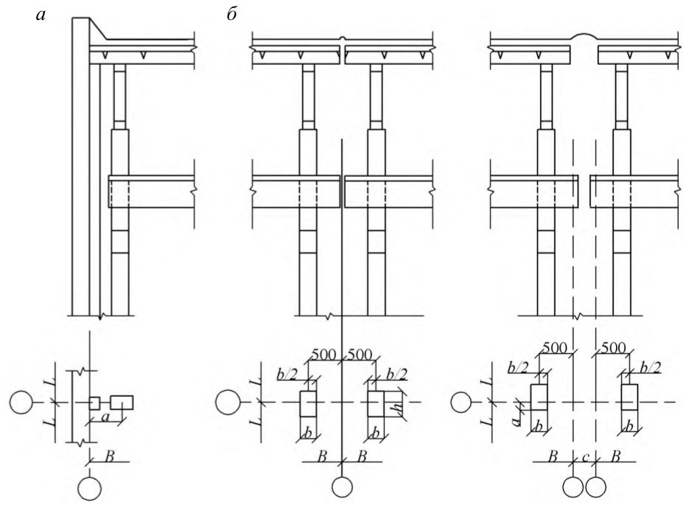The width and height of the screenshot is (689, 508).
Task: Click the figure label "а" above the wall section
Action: click(41, 16)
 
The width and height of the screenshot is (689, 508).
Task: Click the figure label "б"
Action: click(231, 15)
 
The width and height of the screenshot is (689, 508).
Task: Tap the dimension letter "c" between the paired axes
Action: click(585, 457)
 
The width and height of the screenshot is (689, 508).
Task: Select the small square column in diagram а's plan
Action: click(95, 403)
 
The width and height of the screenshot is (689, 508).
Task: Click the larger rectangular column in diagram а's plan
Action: click(122, 403)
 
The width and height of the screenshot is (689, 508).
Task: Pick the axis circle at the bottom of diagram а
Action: click(90, 488)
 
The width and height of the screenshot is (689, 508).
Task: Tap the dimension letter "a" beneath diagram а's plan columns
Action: click(105, 417)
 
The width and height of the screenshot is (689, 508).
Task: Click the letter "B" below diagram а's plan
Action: click(109, 456)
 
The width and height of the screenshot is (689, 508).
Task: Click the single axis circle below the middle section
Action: click(342, 487)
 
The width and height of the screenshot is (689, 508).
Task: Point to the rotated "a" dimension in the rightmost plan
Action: click(517, 421)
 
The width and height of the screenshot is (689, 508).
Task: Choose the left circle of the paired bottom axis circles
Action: click(574, 488)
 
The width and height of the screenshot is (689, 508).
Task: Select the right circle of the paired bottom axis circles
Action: click(595, 488)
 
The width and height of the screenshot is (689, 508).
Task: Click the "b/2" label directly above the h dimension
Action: click(396, 374)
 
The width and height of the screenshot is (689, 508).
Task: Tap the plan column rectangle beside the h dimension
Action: click(376, 403)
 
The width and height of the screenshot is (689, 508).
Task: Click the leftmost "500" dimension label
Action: click(323, 355)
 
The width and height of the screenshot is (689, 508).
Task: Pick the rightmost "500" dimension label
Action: click(613, 348)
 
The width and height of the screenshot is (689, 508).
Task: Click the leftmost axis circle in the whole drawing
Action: click(21, 403)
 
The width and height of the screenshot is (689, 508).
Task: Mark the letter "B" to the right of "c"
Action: click(616, 456)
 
